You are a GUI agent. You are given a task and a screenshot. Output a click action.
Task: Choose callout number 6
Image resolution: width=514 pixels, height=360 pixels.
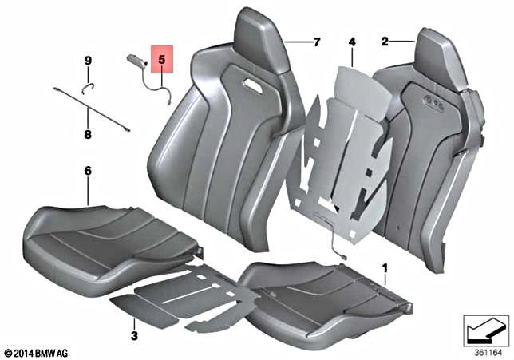click(x=88, y=171)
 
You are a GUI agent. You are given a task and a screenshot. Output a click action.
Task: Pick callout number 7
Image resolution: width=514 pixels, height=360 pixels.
click(x=316, y=42)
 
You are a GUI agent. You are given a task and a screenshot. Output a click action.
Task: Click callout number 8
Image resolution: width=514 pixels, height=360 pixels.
click(x=88, y=135)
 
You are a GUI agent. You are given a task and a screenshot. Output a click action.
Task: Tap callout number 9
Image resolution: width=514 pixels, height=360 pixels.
click(x=88, y=61)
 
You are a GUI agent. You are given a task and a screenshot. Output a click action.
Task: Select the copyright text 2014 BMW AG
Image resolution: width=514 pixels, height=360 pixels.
click(x=40, y=352)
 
